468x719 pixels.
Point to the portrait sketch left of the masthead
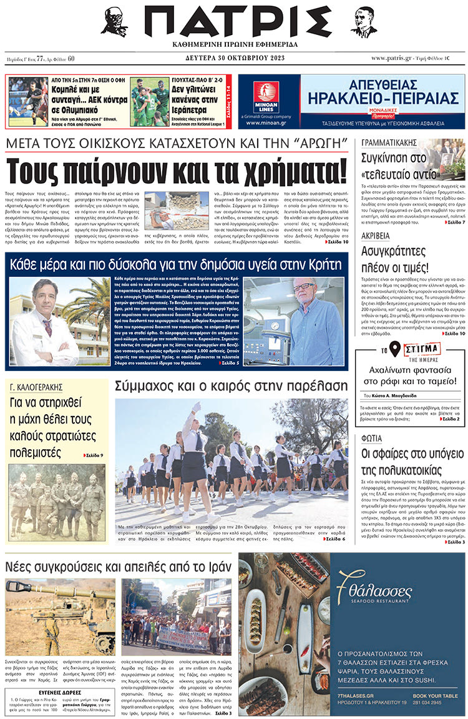pyautogui.click(x=115, y=22)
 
